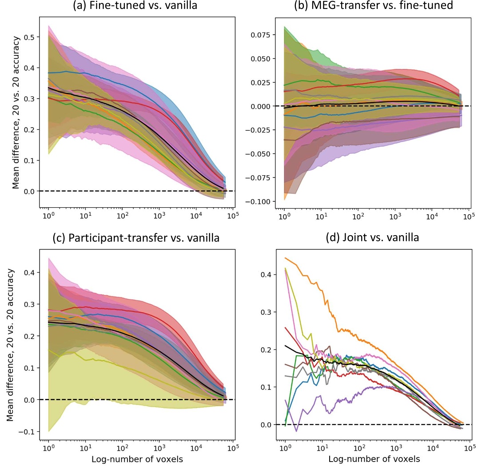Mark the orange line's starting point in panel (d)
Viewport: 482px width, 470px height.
click(285, 258)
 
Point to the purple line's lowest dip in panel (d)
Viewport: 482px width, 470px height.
click(296, 431)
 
